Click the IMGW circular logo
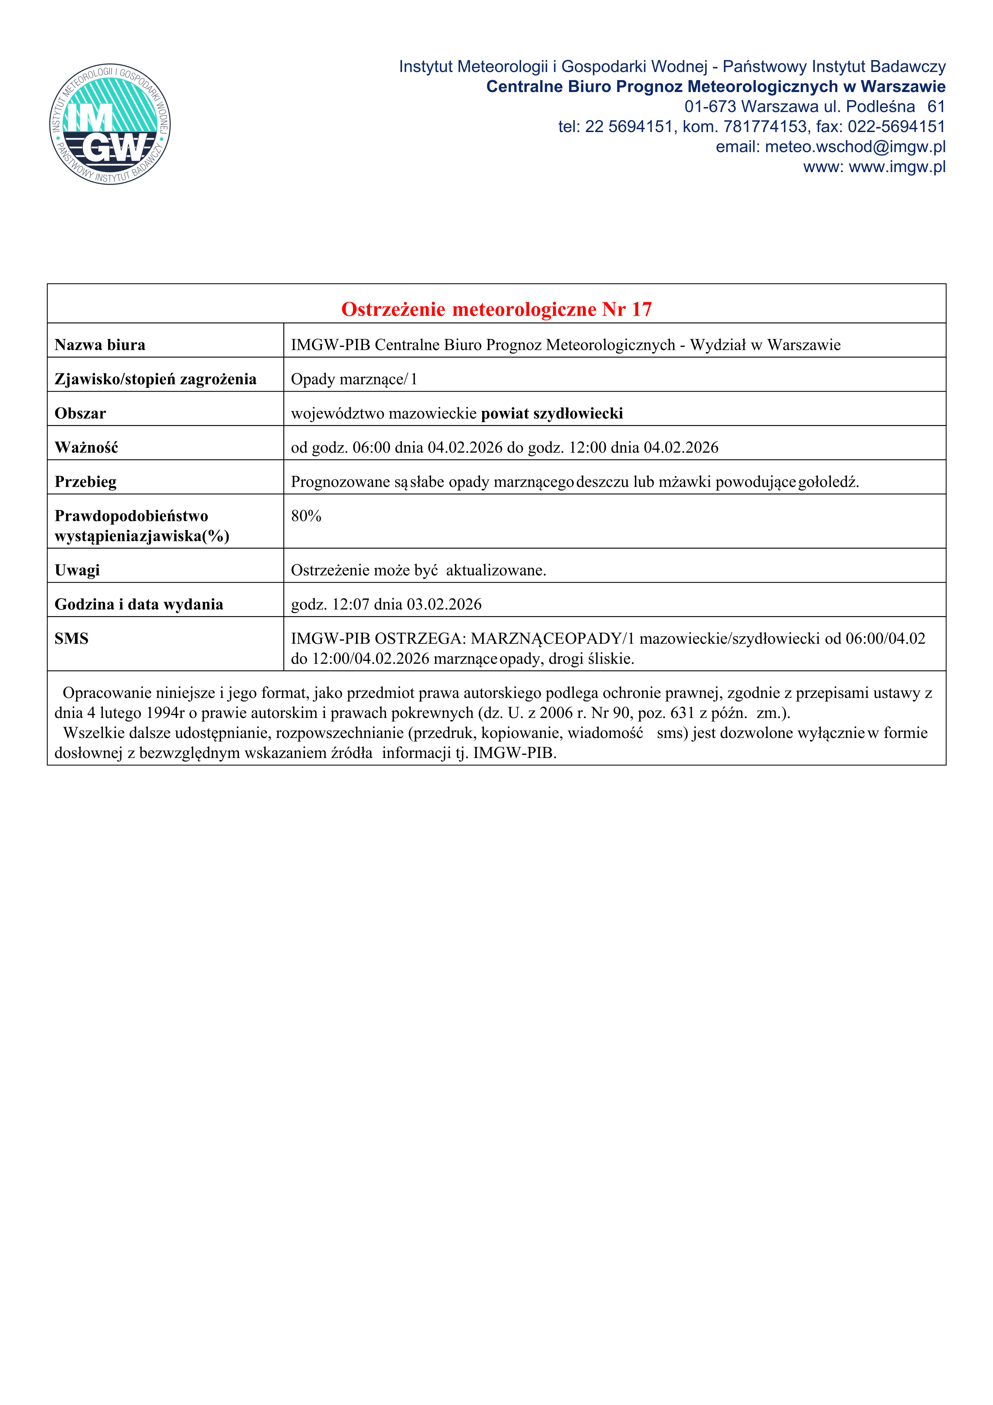(110, 124)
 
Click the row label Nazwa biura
(100, 345)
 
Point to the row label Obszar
(80, 414)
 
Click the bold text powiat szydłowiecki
(552, 414)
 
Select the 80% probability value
(306, 516)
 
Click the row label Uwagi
(77, 570)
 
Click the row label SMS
(72, 639)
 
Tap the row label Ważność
(86, 448)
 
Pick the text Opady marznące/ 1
(354, 379)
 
